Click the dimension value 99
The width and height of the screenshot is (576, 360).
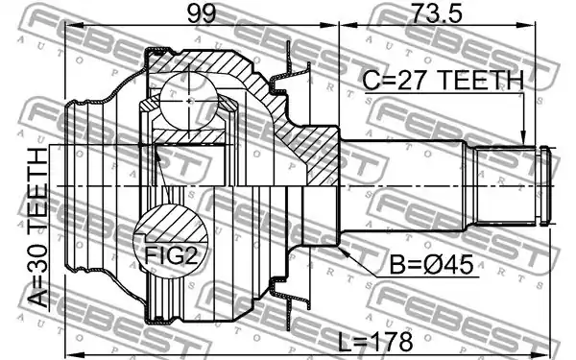pos(201,14)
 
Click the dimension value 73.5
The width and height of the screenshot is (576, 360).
pos(436,14)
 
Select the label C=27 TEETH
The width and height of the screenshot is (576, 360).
pos(443,81)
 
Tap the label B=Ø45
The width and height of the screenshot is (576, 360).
pos(431,265)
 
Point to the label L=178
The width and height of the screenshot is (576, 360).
pos(374,342)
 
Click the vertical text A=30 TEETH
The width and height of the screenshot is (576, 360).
pos(38,228)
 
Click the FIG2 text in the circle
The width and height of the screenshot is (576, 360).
pos(171,255)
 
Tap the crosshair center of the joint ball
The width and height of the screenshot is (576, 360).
pos(188,101)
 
